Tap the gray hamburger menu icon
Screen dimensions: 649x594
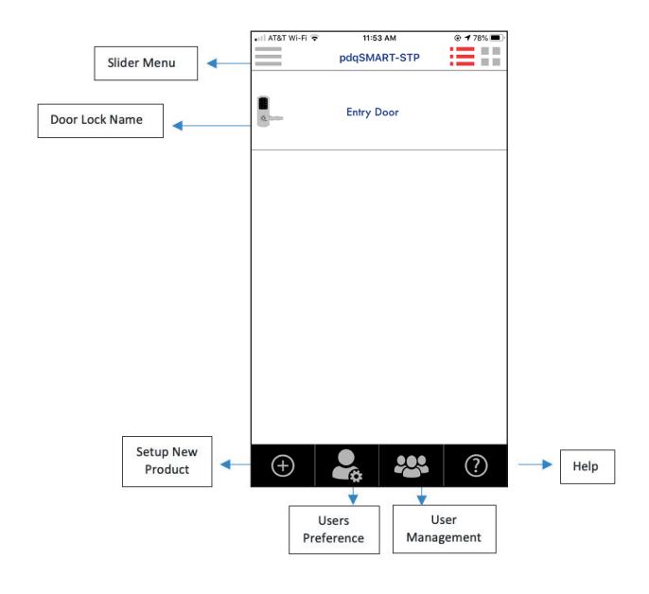pyautogui.click(x=269, y=57)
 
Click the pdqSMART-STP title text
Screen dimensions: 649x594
pyautogui.click(x=379, y=58)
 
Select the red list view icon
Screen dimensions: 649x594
pyautogui.click(x=463, y=57)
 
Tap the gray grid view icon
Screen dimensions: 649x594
pyautogui.click(x=490, y=57)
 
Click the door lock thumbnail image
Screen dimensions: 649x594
pyautogui.click(x=269, y=112)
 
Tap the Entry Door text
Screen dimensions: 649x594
pyautogui.click(x=373, y=113)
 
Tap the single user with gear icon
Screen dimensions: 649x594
pyautogui.click(x=347, y=465)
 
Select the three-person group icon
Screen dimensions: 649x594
pyautogui.click(x=411, y=466)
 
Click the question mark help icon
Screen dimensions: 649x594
pyautogui.click(x=476, y=465)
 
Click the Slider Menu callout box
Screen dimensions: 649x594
pyautogui.click(x=146, y=63)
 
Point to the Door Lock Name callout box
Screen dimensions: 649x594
pyautogui.click(x=100, y=121)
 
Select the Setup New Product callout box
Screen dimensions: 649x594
pyautogui.click(x=167, y=462)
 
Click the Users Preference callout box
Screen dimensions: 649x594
pyautogui.click(x=334, y=530)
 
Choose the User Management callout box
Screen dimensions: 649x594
pyautogui.click(x=444, y=529)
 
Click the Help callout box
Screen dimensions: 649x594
pyautogui.click(x=588, y=466)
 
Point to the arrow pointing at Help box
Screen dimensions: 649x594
pyautogui.click(x=535, y=464)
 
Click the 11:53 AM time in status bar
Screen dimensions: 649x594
pyautogui.click(x=379, y=38)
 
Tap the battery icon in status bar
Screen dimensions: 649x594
pyautogui.click(x=497, y=38)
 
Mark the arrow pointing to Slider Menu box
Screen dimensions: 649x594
pyautogui.click(x=229, y=63)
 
